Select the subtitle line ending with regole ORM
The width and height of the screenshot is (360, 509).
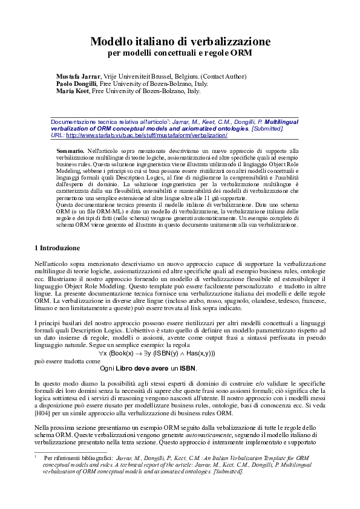(180, 53)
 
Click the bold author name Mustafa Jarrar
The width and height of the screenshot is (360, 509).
(79, 76)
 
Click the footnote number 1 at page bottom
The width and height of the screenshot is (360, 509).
(36, 458)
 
